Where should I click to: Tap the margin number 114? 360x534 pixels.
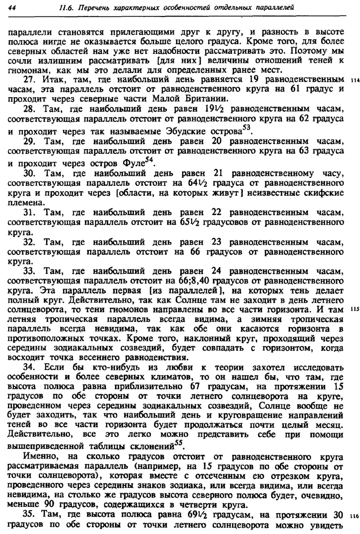click(x=353, y=80)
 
